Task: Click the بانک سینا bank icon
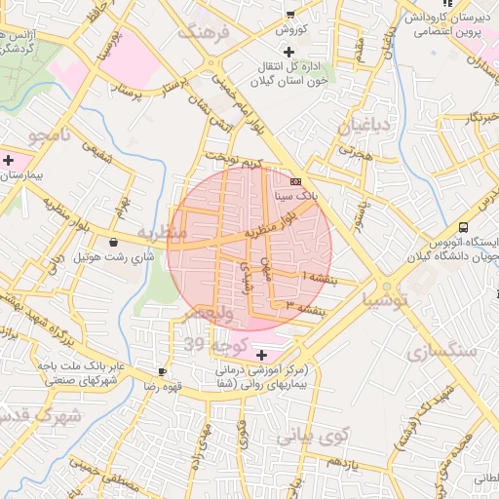(x=296, y=181)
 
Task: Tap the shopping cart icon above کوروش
(x=289, y=14)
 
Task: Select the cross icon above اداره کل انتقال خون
(x=288, y=51)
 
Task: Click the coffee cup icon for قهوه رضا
(x=163, y=371)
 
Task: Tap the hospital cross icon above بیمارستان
(x=9, y=160)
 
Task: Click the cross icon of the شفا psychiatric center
(x=259, y=355)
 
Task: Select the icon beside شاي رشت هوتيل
(x=115, y=242)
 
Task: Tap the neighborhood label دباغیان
(x=365, y=126)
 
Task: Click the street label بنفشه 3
(x=318, y=309)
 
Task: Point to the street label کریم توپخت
(x=234, y=161)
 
